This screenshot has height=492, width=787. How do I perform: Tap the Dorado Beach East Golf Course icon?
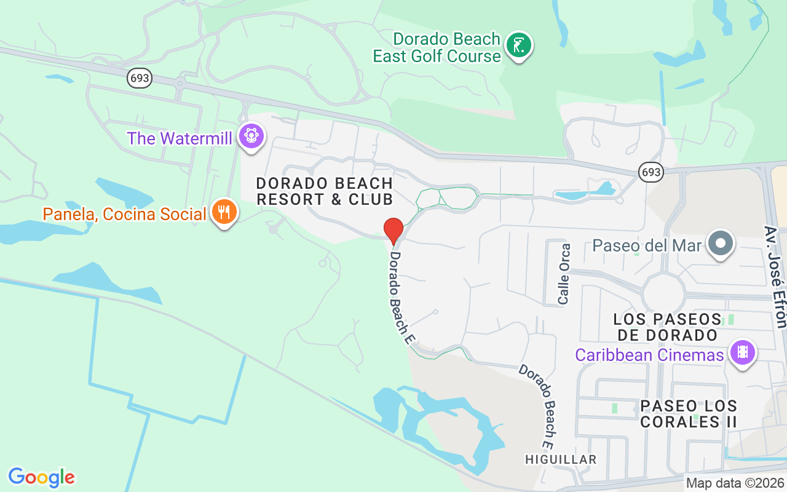[519, 46]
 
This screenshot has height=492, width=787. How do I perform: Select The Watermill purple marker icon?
[251, 136]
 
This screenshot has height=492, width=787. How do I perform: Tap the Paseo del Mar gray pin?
[721, 244]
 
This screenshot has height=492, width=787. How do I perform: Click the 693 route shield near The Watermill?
[140, 77]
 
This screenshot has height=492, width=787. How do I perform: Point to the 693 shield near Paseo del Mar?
[651, 172]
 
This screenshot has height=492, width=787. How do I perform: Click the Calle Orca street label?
[564, 274]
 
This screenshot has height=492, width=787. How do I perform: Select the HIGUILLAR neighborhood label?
[561, 459]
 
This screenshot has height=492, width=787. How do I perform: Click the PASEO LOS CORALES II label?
[689, 414]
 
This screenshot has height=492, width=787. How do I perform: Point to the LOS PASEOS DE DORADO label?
[667, 327]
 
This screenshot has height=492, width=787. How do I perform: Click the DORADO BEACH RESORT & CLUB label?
[325, 191]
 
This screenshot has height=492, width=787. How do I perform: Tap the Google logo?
[42, 477]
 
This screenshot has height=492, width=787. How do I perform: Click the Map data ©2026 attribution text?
[735, 483]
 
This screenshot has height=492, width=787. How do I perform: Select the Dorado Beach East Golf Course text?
[437, 47]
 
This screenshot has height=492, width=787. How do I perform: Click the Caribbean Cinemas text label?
[650, 355]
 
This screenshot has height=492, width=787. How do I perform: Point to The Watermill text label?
[180, 138]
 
